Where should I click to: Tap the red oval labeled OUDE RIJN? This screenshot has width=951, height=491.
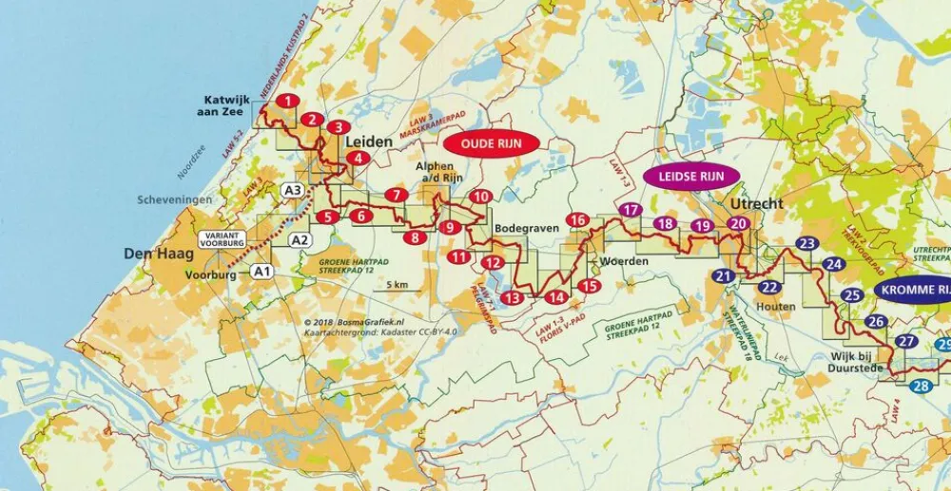492,143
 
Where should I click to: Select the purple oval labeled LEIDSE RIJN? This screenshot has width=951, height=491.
684,176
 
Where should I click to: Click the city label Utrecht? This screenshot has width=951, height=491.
757,204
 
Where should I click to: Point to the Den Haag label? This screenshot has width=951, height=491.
159,255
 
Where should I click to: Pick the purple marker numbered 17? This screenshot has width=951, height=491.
629,209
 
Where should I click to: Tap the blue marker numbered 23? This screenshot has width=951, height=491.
807,244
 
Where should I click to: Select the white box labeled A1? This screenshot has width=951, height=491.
262,272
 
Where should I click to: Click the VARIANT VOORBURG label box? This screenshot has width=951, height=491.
223,239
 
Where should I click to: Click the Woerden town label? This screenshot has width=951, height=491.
624,261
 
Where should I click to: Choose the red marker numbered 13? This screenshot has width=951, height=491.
512,298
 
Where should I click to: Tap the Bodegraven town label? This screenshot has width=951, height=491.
521,228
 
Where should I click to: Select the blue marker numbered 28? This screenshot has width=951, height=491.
921,386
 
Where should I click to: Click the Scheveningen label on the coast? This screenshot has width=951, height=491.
172,200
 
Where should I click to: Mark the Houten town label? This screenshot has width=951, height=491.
776,307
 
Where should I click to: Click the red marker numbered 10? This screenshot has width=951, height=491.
480,197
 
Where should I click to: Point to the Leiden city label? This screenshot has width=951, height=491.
370,142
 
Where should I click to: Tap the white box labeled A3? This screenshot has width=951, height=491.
293,191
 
